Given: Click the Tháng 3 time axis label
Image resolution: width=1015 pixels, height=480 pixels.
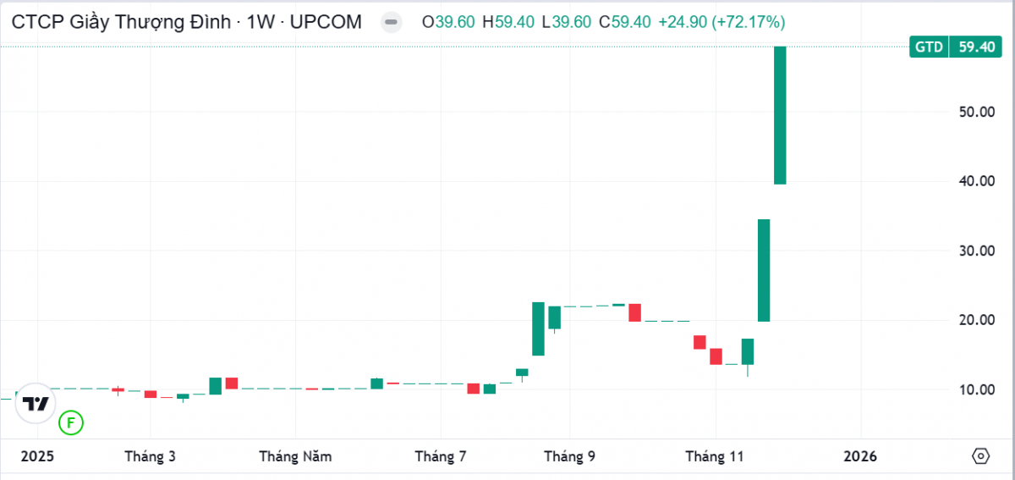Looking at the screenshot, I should [150, 456].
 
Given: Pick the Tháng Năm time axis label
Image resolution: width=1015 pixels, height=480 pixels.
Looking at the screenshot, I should [295, 456].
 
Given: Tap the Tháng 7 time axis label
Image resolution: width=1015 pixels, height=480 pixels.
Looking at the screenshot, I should [441, 456].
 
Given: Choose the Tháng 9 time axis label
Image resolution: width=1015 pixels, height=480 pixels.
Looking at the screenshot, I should [569, 456].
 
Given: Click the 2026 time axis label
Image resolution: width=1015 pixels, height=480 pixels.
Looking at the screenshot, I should [860, 456].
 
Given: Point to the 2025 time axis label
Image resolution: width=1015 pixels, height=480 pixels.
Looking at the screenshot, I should [37, 456].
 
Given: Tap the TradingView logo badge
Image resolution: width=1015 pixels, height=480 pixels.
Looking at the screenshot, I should [35, 404].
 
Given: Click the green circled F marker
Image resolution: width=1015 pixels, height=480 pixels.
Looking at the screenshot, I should [71, 422].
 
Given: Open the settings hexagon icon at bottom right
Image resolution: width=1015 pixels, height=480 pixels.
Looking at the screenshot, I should [980, 456].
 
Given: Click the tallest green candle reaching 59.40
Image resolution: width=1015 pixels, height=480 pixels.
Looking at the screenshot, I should [780, 115].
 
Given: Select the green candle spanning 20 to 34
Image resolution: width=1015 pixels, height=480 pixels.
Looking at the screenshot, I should [764, 270].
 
